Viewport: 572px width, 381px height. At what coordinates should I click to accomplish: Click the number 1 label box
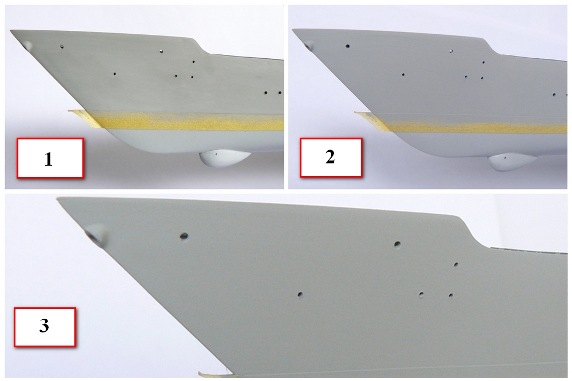(50, 158)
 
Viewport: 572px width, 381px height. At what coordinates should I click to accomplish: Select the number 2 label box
(331, 157)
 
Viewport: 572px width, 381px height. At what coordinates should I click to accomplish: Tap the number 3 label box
(45, 327)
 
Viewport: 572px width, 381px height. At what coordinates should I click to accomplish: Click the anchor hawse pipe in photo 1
(27, 45)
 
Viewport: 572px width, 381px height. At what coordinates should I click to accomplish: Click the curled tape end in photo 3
(212, 374)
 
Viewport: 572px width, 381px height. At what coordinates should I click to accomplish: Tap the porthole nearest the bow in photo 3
(184, 236)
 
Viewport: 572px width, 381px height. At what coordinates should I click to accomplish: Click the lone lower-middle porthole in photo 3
(300, 294)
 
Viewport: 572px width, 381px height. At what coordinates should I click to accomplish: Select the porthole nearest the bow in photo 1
(62, 47)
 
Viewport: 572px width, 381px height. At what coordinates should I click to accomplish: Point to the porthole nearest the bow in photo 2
(348, 46)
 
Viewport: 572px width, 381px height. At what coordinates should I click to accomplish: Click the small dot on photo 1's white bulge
(216, 154)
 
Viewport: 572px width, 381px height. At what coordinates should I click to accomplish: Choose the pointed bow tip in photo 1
(10, 31)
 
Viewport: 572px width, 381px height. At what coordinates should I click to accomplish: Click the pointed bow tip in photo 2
(293, 30)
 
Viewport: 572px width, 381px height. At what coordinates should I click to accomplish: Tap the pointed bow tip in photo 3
(58, 198)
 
